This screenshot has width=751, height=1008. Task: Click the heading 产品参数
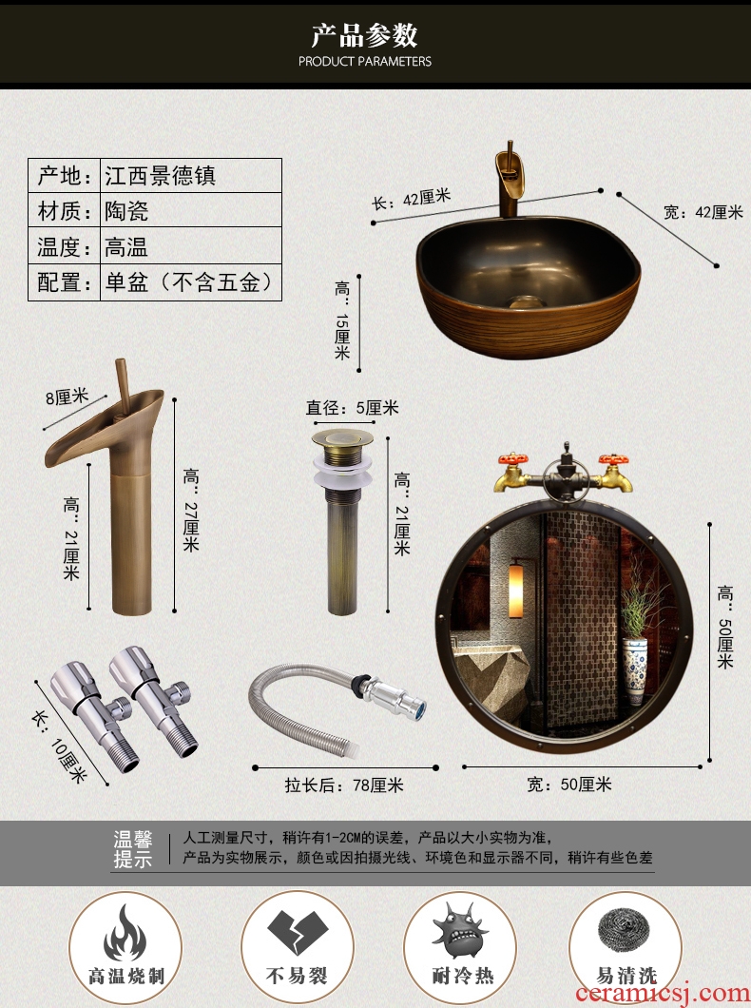click(x=364, y=35)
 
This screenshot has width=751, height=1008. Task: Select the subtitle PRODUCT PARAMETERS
click(x=365, y=62)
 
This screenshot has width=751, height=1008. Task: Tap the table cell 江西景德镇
click(x=160, y=176)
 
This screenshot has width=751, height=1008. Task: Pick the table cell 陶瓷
click(x=126, y=211)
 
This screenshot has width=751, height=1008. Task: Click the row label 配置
click(x=64, y=282)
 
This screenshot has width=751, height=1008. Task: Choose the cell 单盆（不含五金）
click(x=189, y=282)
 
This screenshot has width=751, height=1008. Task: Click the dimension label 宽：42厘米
click(x=703, y=212)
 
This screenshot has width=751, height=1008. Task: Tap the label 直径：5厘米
click(x=352, y=408)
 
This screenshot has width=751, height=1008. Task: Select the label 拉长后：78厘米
click(x=344, y=785)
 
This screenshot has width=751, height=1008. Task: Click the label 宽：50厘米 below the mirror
click(x=569, y=785)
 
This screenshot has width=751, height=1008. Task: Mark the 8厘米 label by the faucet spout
click(x=67, y=397)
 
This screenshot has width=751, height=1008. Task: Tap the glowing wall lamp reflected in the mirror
click(x=516, y=591)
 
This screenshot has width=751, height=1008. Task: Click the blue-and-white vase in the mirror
click(x=635, y=671)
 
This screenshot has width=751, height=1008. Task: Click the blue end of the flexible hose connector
click(x=418, y=710)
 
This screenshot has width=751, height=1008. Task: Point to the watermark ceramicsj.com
click(x=662, y=993)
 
